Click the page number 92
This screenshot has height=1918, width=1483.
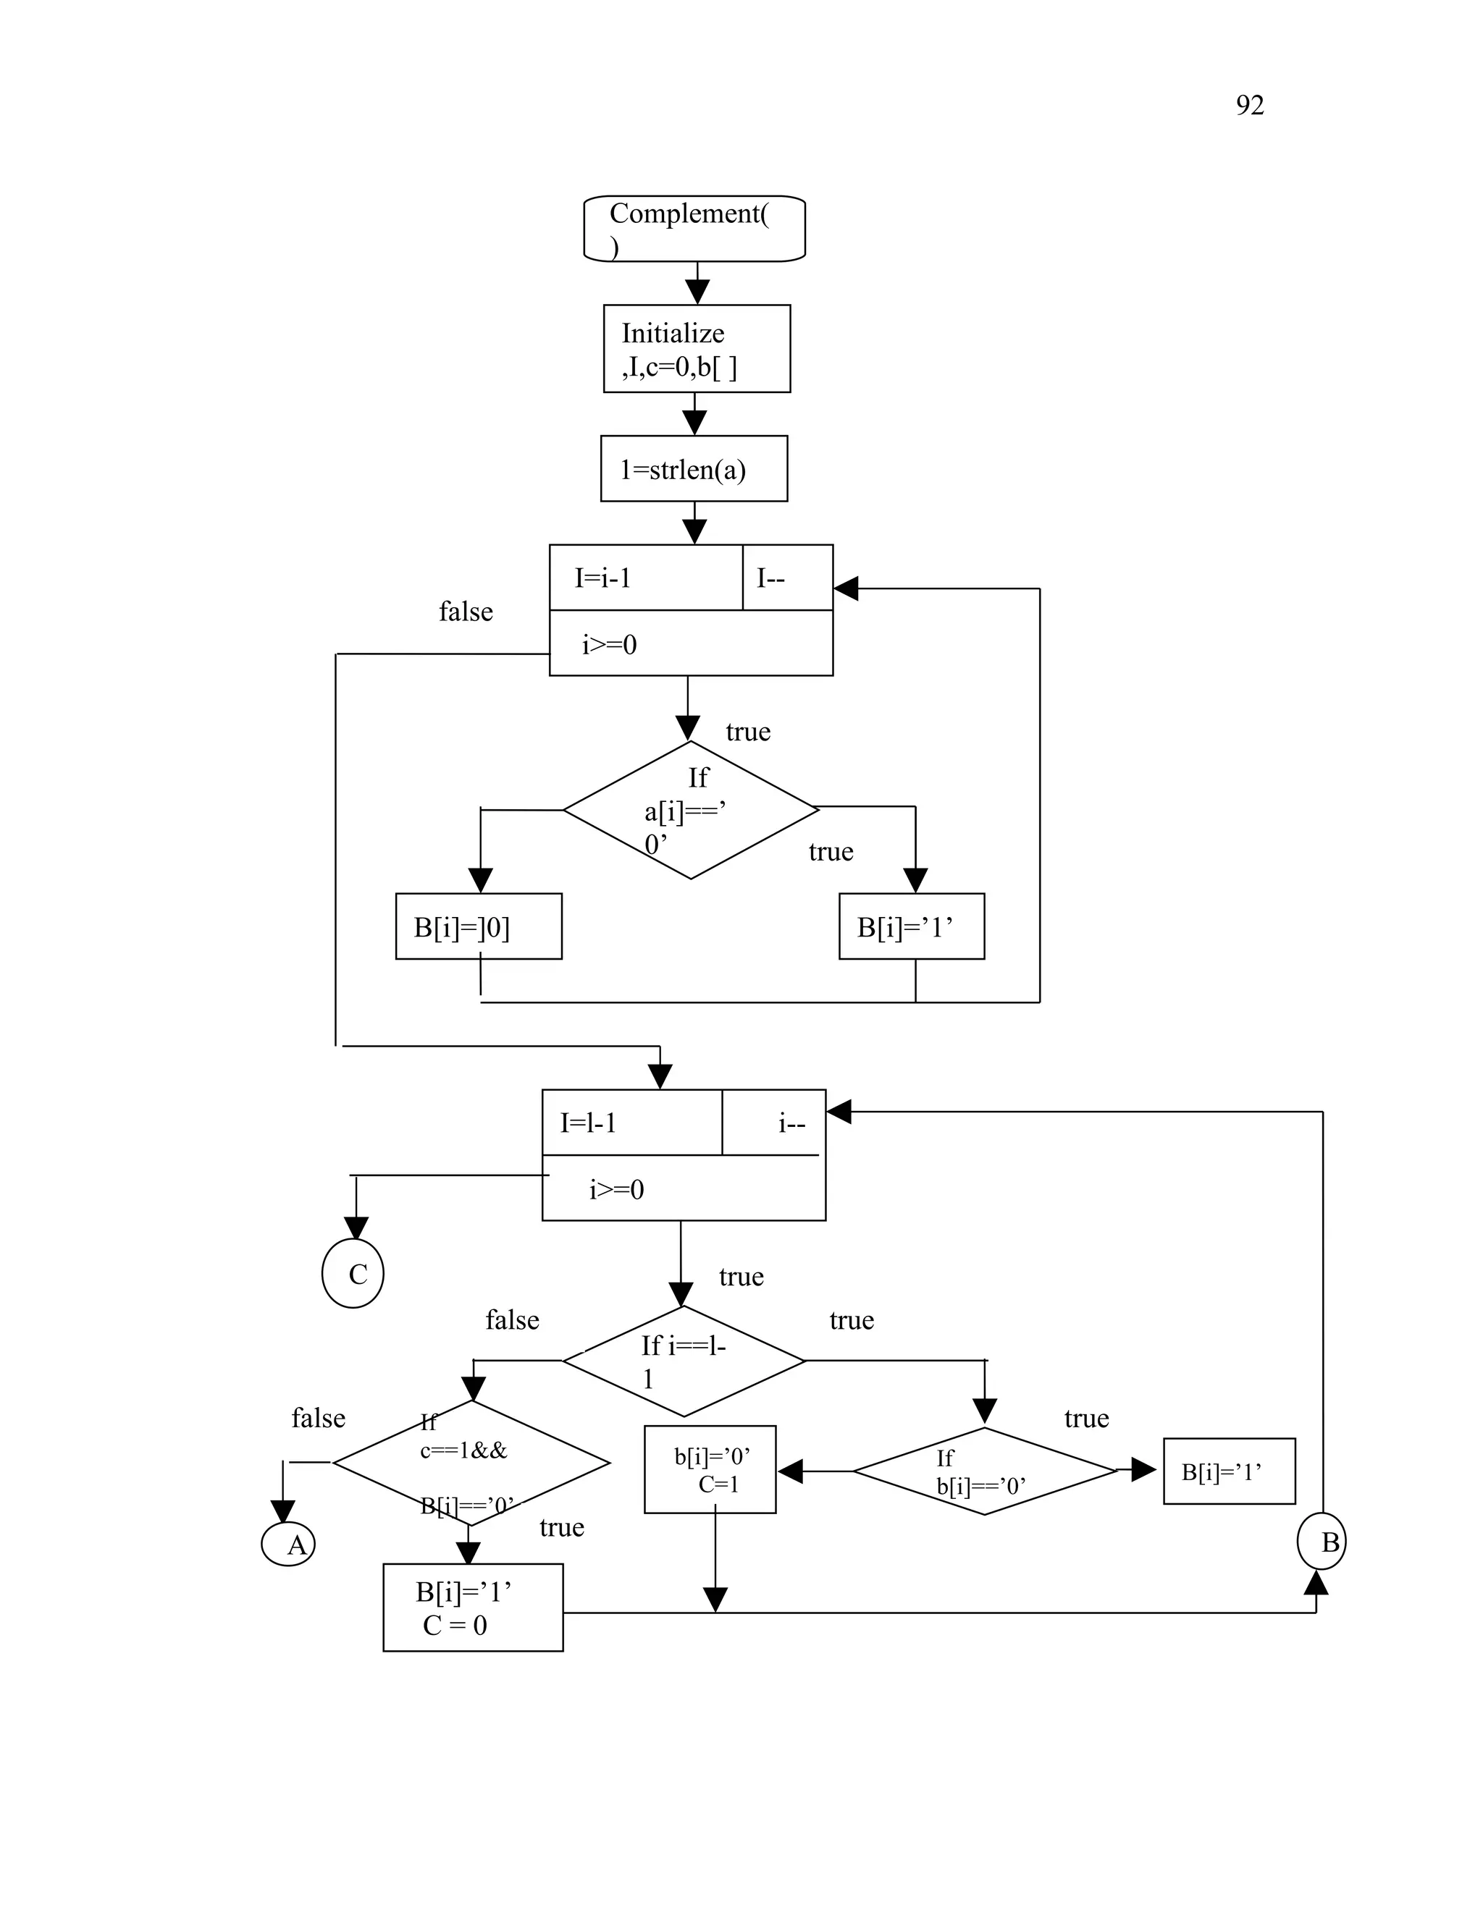[x=1249, y=106]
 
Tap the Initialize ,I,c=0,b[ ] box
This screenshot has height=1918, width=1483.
[x=697, y=349]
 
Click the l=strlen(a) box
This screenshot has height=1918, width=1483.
[x=694, y=469]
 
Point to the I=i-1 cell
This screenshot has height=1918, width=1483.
[x=645, y=578]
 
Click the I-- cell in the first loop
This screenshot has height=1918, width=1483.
[x=787, y=578]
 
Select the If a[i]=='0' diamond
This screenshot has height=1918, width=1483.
[x=691, y=810]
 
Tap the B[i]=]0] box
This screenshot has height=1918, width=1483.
[x=479, y=926]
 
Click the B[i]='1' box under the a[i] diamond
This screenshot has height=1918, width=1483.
[x=911, y=926]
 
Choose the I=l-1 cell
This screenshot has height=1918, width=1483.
[x=631, y=1123]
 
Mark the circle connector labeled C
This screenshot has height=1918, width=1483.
[x=353, y=1273]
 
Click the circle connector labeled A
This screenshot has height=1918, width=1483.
[x=289, y=1544]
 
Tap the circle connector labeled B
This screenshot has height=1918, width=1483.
[x=1322, y=1541]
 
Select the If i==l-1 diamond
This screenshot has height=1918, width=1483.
[x=684, y=1361]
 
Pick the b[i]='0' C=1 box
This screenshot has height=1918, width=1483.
[x=710, y=1469]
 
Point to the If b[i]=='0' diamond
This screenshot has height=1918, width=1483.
[x=984, y=1471]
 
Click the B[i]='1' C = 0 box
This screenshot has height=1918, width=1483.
[x=473, y=1607]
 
